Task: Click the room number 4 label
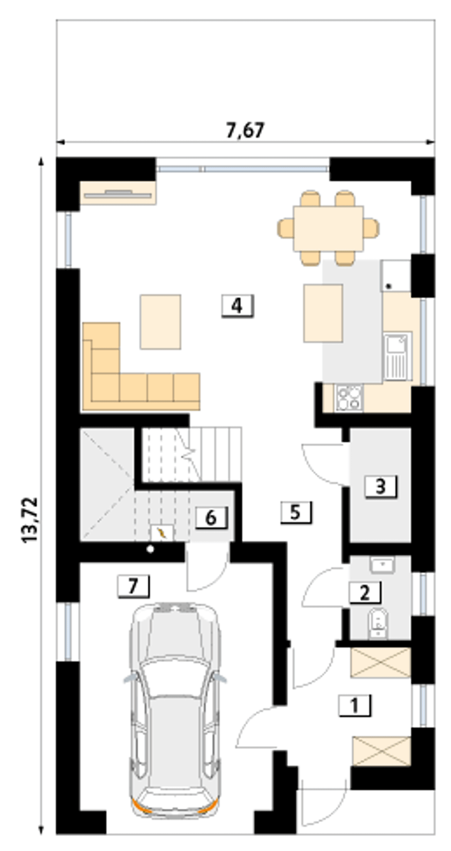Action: (237, 306)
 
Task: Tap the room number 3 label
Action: (381, 487)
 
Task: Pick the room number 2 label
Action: (365, 593)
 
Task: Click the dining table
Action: (328, 229)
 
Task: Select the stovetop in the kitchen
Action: (349, 398)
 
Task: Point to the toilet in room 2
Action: (378, 623)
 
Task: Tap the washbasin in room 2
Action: (383, 565)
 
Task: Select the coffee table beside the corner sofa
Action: (161, 322)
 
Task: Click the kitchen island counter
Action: (323, 313)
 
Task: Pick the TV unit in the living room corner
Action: (118, 193)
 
